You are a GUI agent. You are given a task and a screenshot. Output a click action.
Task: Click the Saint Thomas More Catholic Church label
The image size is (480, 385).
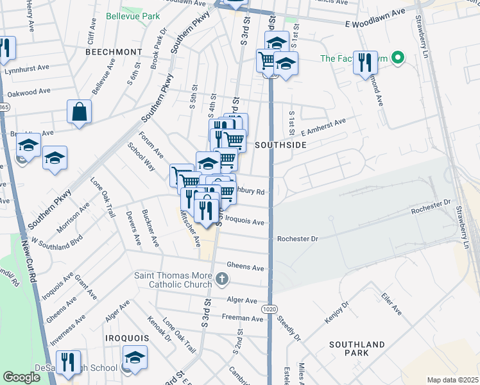click(x=173, y=280)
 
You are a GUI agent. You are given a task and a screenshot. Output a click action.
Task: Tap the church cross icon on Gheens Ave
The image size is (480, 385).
click(x=222, y=278)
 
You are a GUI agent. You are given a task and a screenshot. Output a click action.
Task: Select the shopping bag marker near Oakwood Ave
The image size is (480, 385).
click(x=80, y=112)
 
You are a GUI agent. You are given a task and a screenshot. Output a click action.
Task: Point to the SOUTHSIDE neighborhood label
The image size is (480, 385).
click(x=280, y=146)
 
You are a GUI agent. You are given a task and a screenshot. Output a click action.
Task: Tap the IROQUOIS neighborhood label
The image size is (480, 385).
click(x=127, y=338)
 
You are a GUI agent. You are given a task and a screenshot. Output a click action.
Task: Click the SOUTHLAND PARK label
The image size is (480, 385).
click(x=357, y=348)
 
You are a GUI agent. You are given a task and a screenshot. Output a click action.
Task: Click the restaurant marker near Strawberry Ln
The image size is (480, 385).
click(x=365, y=62)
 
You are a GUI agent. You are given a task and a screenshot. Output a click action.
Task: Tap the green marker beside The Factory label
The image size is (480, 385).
click(x=397, y=58)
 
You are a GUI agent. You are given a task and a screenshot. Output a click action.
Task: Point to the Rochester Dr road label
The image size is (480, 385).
click(x=297, y=239)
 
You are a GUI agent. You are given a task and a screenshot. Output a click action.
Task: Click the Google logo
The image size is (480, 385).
click(x=21, y=377)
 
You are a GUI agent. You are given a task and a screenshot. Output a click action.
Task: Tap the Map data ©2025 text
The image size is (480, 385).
click(x=452, y=380)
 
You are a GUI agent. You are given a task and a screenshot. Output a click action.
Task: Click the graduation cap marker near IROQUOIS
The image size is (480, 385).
click(x=135, y=357)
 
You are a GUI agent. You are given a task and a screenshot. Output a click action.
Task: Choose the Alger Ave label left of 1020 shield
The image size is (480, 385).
click(x=242, y=300)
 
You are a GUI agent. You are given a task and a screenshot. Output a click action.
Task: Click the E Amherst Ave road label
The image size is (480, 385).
click(x=323, y=126)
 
